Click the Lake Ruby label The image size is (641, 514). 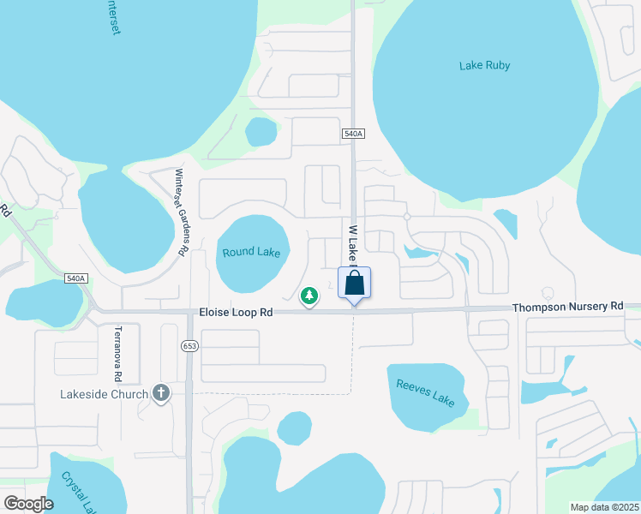(484, 65)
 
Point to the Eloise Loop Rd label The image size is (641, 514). (236, 314)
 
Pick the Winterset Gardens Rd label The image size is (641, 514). (180, 212)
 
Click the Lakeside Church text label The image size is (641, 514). (104, 394)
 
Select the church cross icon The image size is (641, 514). (159, 393)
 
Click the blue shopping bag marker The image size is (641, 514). (355, 283)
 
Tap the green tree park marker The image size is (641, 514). (309, 296)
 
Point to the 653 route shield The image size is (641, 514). (190, 345)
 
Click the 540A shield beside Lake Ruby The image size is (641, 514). (353, 134)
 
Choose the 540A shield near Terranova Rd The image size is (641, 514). (75, 278)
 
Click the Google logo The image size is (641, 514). (28, 503)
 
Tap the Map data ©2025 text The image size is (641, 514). (604, 506)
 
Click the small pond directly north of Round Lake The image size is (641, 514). (261, 132)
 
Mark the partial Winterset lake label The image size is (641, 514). (112, 15)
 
